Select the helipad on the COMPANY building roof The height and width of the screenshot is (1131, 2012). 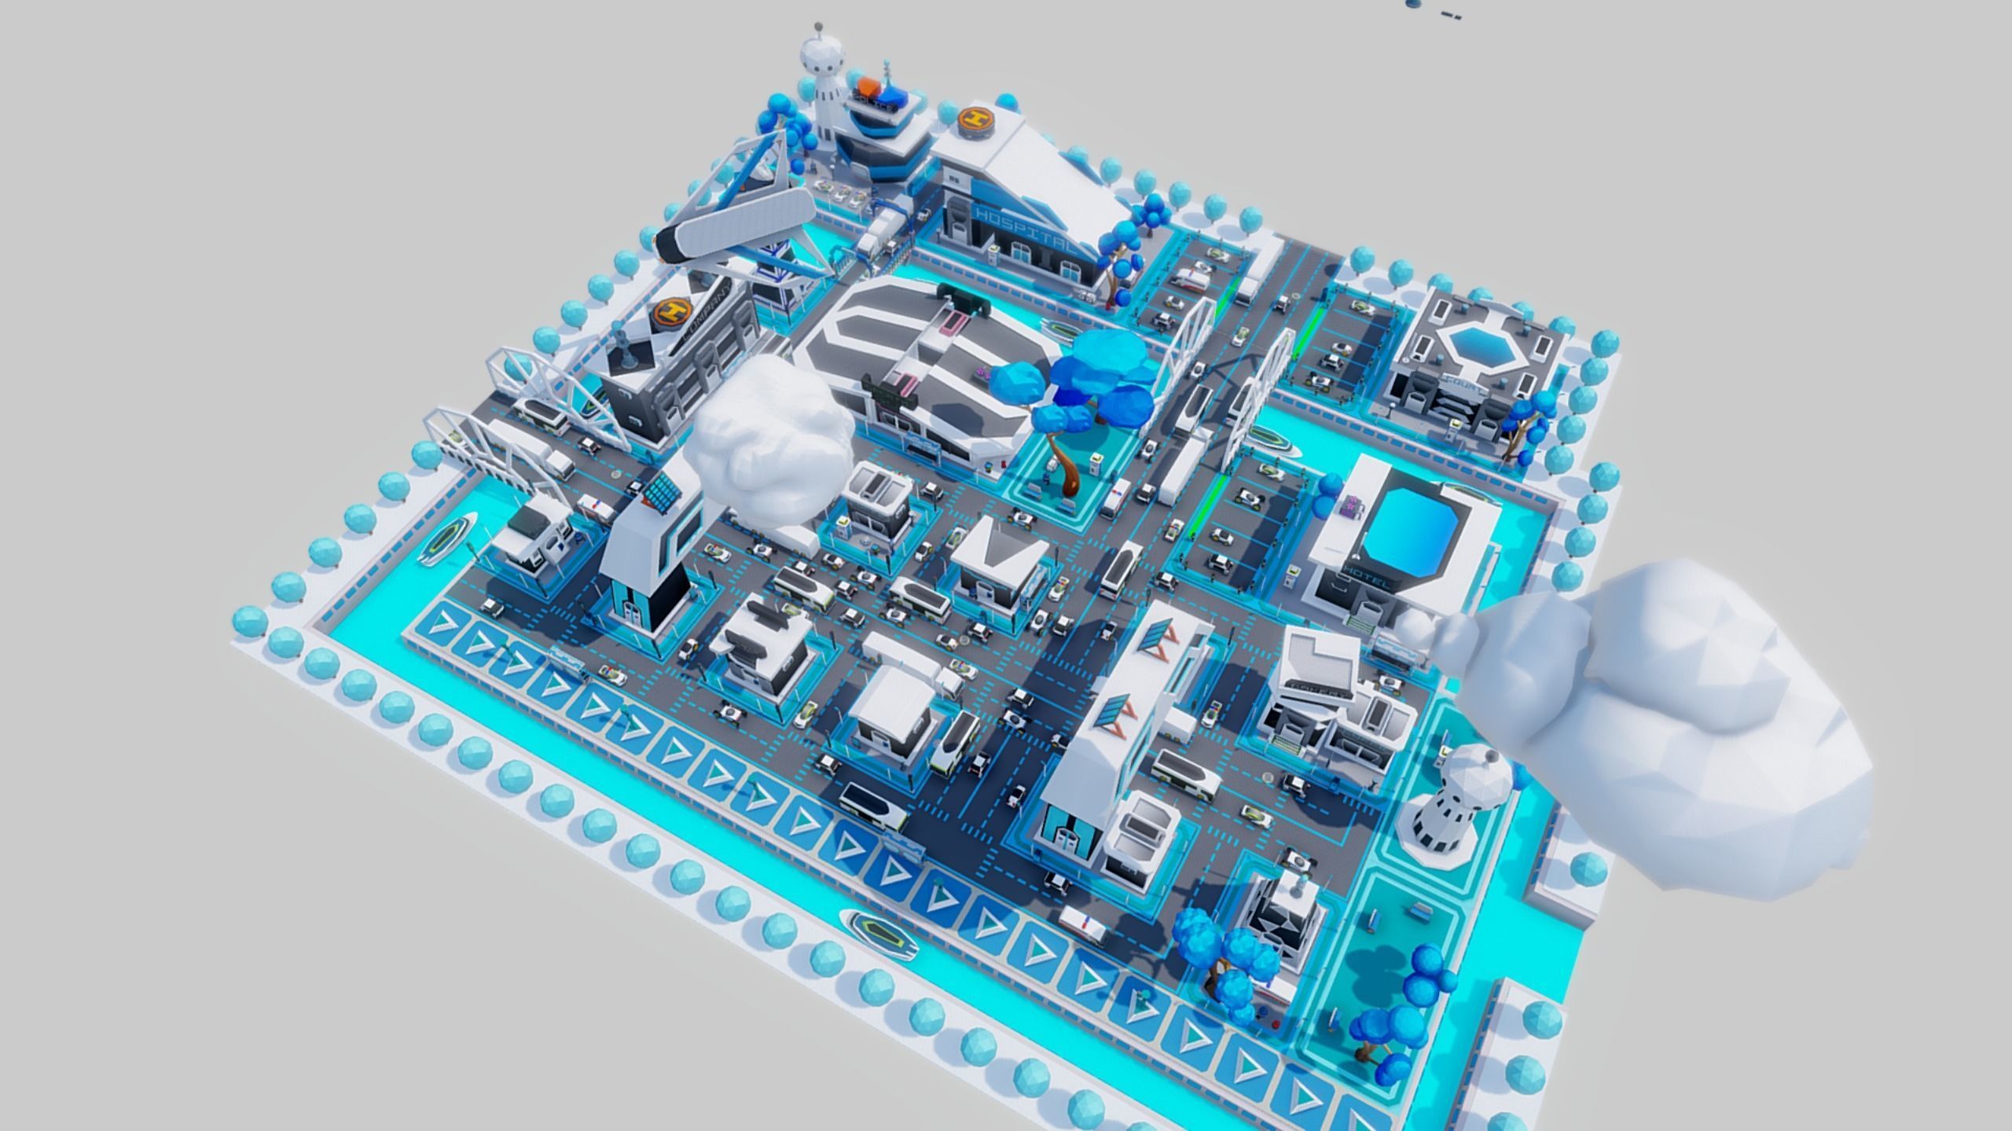point(671,313)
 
